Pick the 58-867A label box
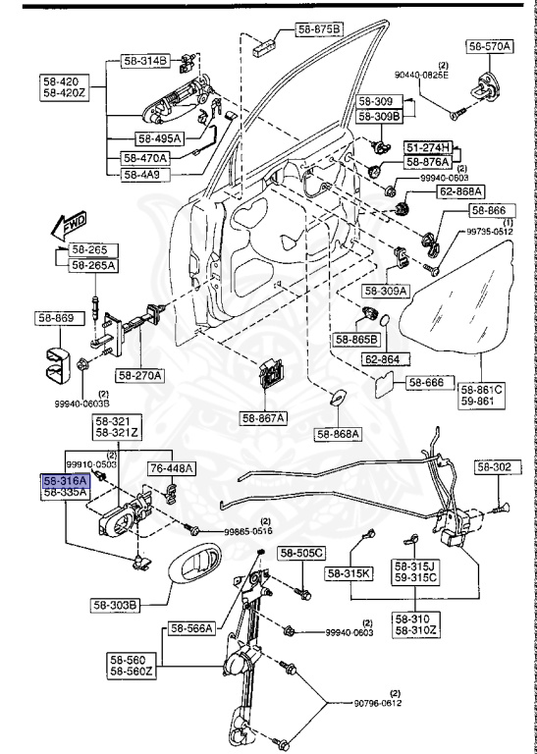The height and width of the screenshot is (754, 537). [262, 418]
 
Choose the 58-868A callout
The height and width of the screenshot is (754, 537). [339, 433]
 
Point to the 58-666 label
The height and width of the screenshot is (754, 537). [427, 382]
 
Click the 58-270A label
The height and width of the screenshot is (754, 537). [141, 374]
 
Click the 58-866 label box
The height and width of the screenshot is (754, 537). [492, 210]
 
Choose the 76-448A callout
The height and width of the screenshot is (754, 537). [171, 468]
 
